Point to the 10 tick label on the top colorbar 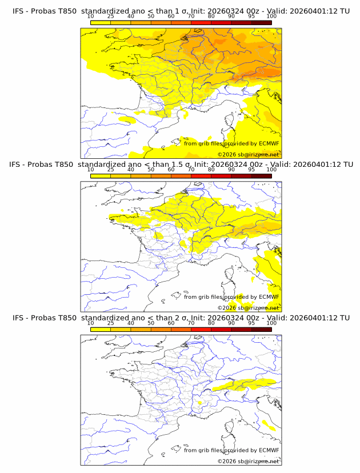tap(90, 16)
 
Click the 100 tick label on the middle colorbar tap(271, 170)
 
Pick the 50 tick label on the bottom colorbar tap(151, 323)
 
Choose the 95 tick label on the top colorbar tap(251, 16)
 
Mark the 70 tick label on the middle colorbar tap(191, 170)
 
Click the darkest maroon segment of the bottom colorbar tap(261, 329)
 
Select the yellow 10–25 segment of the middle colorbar tap(101, 176)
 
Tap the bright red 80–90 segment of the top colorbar tap(221, 22)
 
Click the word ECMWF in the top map tap(269, 143)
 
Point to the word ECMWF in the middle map tap(269, 296)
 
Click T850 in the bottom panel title tap(65, 317)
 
